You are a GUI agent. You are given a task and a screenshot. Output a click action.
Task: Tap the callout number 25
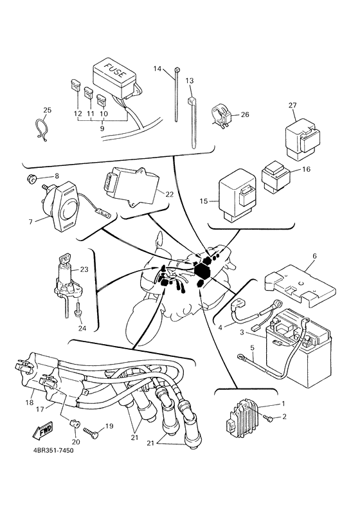click(47, 109)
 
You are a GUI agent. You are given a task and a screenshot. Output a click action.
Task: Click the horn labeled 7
click(65, 204)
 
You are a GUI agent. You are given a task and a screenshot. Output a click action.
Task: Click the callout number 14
click(157, 68)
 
